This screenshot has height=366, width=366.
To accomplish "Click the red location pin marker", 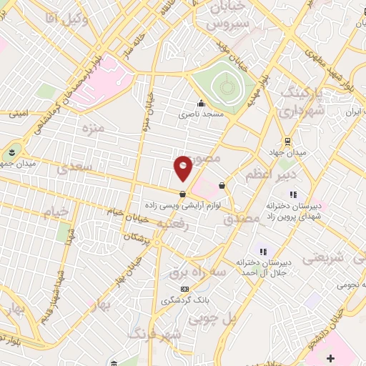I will tap(183, 167).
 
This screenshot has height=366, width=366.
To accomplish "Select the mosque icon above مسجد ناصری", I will tap(202, 104).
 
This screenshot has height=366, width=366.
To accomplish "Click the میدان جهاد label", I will tap(292, 152).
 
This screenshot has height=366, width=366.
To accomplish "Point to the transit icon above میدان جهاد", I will tap(287, 141).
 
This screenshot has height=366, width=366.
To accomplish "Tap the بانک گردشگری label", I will tap(184, 300).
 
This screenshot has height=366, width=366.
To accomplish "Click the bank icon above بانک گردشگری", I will tap(184, 289).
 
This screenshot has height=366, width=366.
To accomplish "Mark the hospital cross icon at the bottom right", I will tap(330, 357).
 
